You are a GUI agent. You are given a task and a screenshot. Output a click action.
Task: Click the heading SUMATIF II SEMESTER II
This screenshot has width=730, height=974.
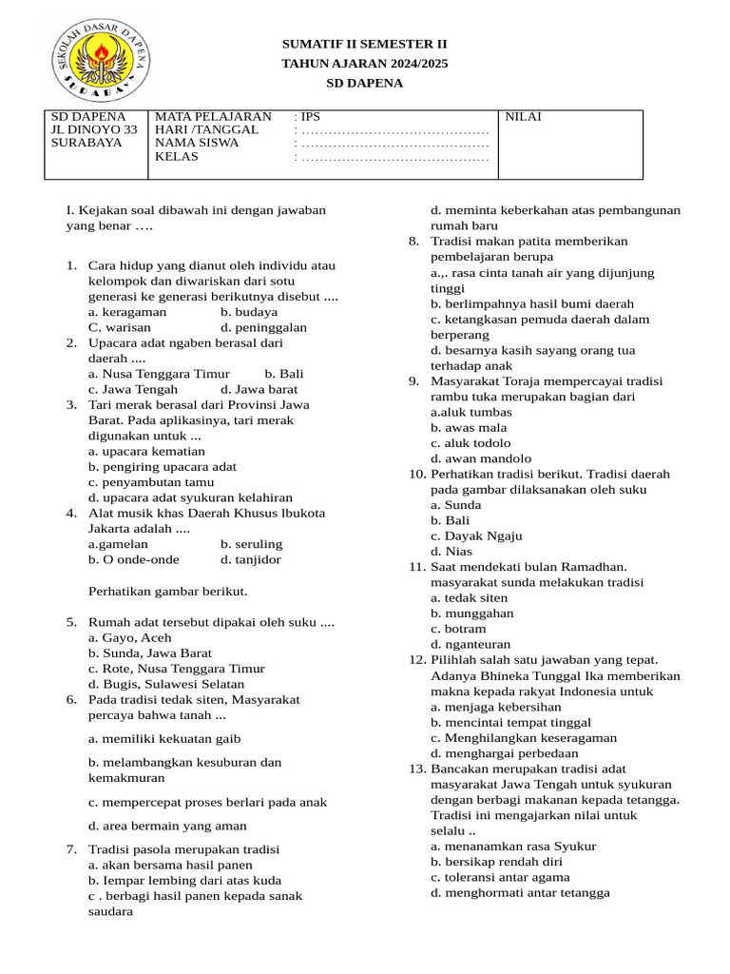tap(364, 44)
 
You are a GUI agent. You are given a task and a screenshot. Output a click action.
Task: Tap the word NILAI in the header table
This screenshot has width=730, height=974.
tap(523, 117)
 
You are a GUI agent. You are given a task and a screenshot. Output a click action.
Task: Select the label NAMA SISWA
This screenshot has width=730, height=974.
tap(197, 143)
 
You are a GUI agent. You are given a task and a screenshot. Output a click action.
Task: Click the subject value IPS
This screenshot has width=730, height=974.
tap(311, 117)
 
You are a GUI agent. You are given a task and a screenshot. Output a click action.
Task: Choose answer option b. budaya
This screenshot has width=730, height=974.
tap(249, 311)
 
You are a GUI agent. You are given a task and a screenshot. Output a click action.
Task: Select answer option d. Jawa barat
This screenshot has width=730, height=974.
tap(259, 389)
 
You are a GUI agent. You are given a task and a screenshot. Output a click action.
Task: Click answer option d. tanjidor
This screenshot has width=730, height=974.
tap(251, 559)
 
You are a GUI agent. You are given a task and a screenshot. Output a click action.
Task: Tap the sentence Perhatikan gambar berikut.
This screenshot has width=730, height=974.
tap(167, 591)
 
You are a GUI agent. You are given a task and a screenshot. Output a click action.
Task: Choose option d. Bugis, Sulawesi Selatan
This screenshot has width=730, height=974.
tap(165, 684)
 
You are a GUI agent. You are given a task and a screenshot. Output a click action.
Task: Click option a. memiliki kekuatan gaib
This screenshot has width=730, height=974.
tap(163, 738)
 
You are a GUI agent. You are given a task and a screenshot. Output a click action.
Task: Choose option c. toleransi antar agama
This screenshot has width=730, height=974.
tap(500, 877)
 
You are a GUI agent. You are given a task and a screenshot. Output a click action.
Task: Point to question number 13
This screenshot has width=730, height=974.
tap(417, 769)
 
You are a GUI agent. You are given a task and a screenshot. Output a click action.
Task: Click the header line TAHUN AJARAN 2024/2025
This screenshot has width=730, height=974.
tap(364, 64)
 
